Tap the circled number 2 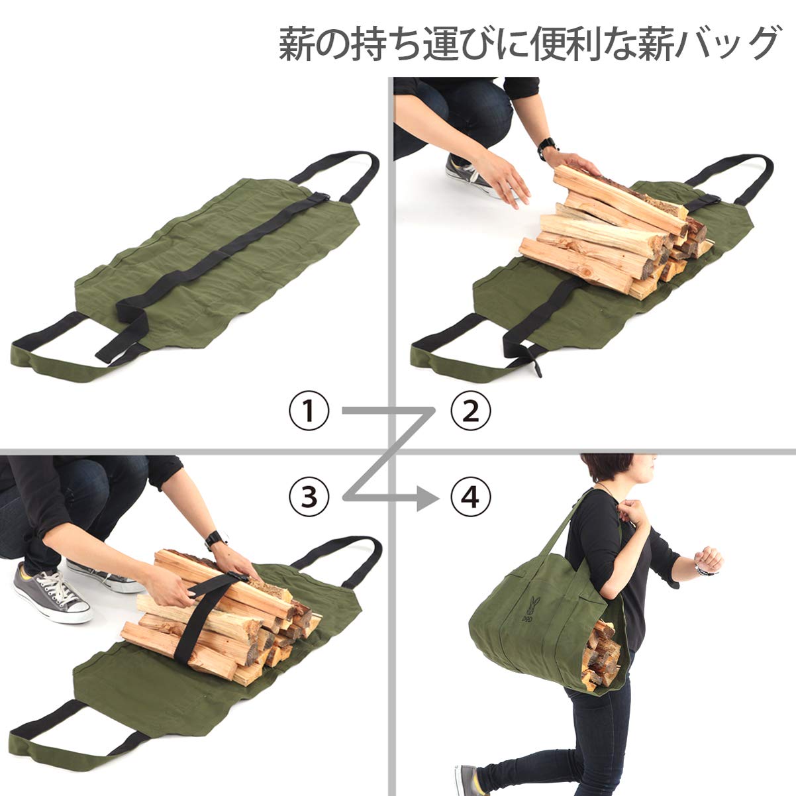[471, 412]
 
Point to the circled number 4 [471, 495]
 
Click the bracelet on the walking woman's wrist [702, 570]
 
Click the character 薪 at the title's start [295, 45]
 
